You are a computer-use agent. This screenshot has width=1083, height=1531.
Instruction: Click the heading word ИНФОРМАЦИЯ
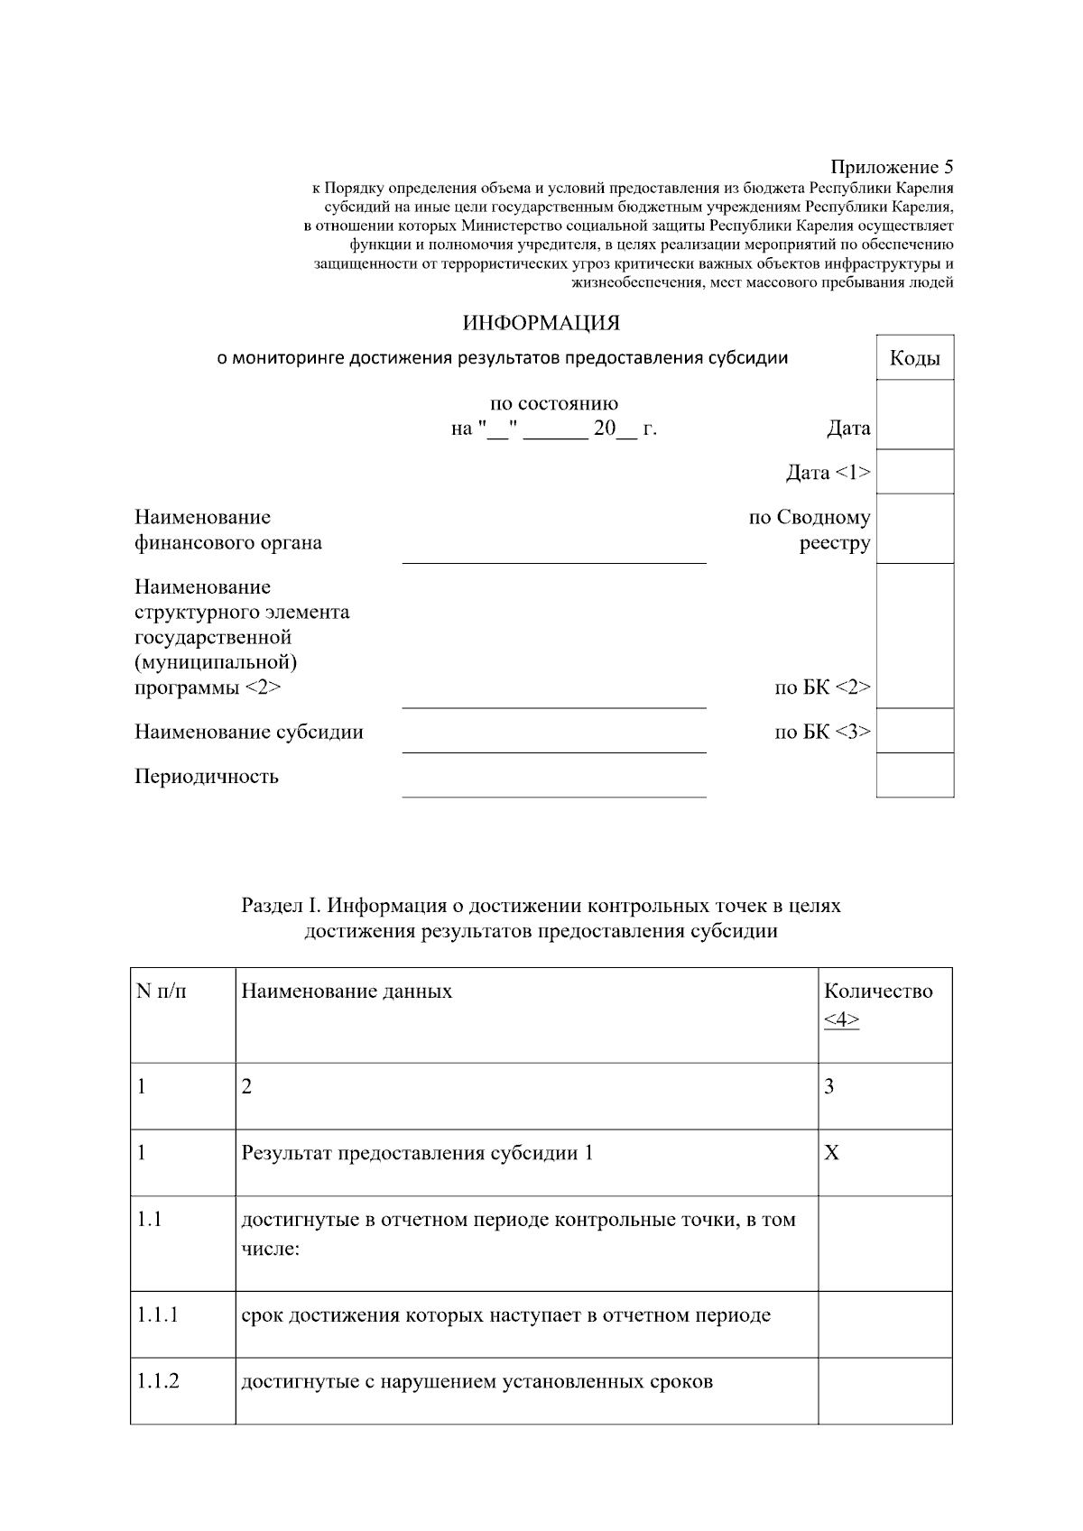tap(541, 323)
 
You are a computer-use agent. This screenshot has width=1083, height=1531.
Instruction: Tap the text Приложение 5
tap(891, 167)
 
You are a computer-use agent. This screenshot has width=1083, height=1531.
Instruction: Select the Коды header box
tap(914, 358)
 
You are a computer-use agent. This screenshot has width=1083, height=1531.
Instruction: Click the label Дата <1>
tap(828, 472)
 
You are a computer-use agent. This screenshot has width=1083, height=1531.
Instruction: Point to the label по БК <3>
tap(822, 732)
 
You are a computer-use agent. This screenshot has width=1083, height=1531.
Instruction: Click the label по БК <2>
tap(822, 687)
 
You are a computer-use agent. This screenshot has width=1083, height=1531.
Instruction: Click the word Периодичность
tap(207, 777)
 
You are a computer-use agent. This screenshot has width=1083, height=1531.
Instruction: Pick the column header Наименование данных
tap(347, 991)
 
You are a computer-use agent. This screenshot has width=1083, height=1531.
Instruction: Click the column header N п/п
tap(162, 991)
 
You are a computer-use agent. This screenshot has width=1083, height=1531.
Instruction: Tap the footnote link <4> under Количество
tap(841, 1020)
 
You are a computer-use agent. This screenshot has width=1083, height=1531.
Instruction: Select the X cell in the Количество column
tap(831, 1153)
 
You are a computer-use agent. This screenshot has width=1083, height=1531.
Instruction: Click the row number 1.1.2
tap(158, 1381)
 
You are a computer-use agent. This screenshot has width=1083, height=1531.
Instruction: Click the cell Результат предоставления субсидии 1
tap(417, 1153)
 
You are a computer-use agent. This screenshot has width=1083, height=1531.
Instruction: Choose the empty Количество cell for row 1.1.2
tap(884, 1390)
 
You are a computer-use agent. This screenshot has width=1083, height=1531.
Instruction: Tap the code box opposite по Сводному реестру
tap(914, 529)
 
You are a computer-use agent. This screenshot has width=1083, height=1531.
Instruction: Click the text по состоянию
tap(553, 403)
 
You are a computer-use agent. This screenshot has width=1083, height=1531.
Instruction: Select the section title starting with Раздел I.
tap(541, 918)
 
